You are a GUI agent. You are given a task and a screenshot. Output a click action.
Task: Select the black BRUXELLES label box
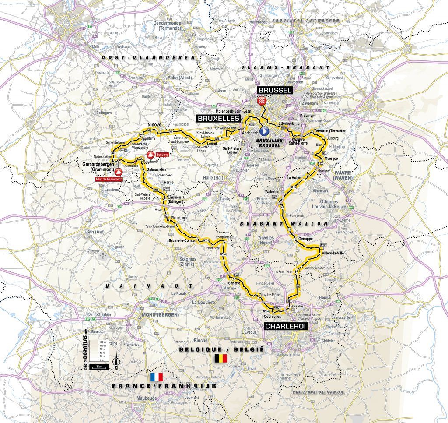click(x=218, y=118)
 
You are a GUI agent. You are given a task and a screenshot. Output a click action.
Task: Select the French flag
click(x=156, y=377)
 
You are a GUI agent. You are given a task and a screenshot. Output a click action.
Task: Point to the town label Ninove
click(x=156, y=124)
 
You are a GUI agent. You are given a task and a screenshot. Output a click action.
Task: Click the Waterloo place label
click(x=273, y=192)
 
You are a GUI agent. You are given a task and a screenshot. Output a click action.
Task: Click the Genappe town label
click(x=305, y=239)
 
